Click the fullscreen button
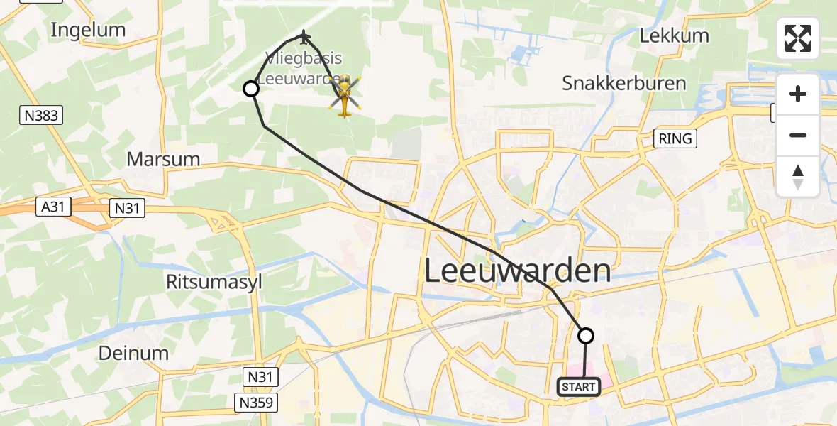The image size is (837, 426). (x=798, y=38)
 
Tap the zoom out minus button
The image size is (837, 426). (x=798, y=135)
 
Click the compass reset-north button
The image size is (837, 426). (x=798, y=177)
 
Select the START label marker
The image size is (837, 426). (x=579, y=387)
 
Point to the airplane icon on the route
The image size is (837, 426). (x=304, y=35)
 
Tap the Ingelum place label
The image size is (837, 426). (x=89, y=30)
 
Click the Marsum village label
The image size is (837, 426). (x=163, y=158)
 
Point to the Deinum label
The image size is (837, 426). (x=133, y=353)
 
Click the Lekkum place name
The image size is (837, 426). (x=674, y=35)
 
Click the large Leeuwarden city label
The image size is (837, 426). (x=518, y=271)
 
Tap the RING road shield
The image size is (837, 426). (x=675, y=138)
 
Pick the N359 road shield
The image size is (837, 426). (x=256, y=403)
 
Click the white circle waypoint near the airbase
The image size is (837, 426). (x=251, y=89)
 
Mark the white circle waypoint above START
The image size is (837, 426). (x=586, y=336)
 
